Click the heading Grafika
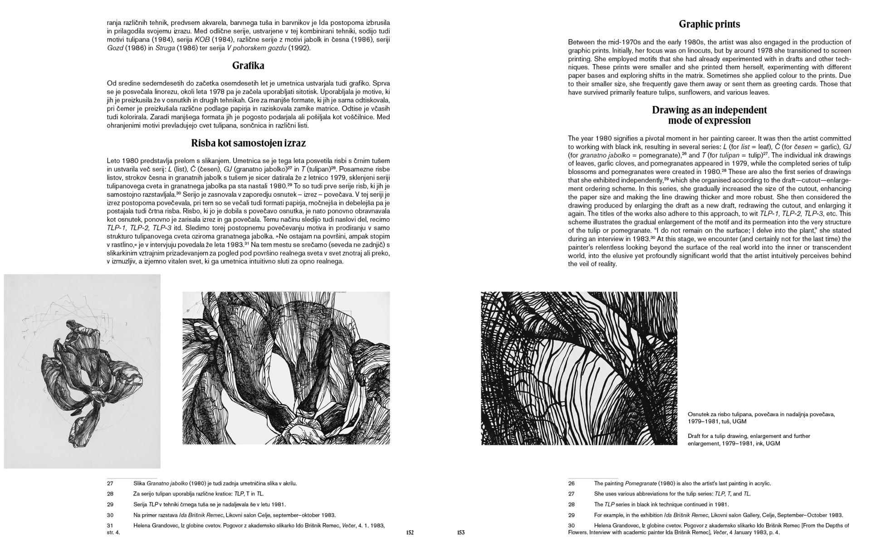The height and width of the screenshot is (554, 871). coord(248,66)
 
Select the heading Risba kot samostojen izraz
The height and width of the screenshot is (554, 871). coord(248,143)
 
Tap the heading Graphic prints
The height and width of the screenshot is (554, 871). coord(709,24)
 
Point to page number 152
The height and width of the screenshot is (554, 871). coord(410,533)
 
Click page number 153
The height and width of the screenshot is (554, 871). coord(460,533)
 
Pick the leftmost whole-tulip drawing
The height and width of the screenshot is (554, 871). coord(82,371)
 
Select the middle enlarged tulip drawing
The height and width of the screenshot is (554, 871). coord(286,368)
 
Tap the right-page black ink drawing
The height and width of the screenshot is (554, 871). coord(579,368)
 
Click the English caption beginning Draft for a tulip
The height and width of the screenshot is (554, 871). coord(749,440)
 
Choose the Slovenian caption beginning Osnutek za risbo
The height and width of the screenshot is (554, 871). coord(761,418)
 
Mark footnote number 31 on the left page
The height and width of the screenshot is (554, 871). coord(110,525)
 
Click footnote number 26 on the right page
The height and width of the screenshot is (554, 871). coord(571,483)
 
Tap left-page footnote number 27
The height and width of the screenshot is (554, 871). coord(110,483)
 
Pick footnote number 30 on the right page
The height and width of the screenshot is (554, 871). coord(571,525)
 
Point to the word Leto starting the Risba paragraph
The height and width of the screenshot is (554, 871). coord(114,161)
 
